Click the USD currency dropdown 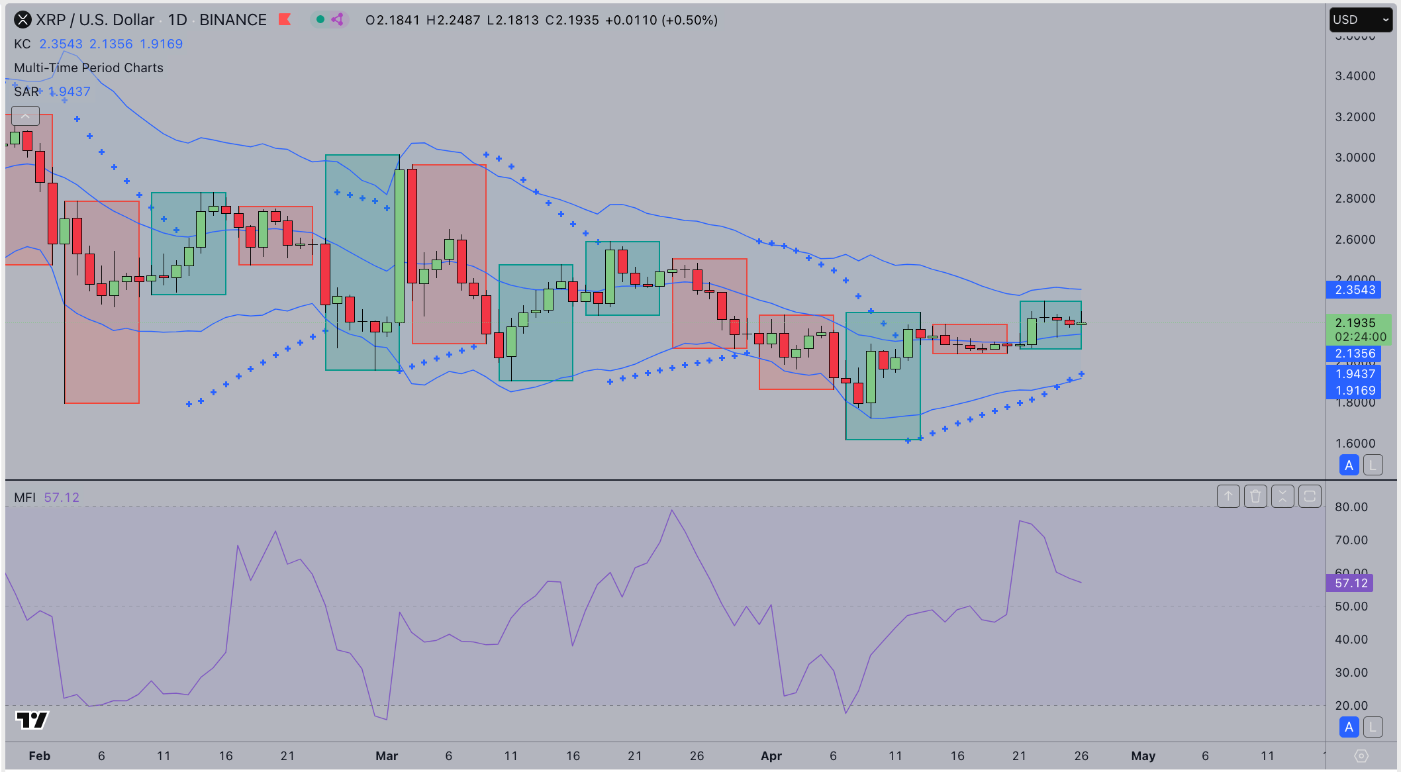coord(1360,20)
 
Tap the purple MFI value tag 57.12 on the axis coord(1350,583)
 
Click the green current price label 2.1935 coord(1355,323)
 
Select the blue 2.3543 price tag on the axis coord(1355,290)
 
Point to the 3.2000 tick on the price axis coord(1355,117)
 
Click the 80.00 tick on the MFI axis coord(1351,507)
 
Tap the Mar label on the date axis coord(387,756)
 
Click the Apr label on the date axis coord(771,756)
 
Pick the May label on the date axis coord(1143,756)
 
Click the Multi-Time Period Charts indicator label coord(89,68)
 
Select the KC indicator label coord(23,44)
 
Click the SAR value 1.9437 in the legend coord(70,92)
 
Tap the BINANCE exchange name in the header coord(233,20)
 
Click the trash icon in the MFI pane coord(1255,497)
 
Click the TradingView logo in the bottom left coord(32,720)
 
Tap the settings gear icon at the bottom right coord(1361,756)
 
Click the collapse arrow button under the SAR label coord(25,117)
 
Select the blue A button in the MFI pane coord(1349,727)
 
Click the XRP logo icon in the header coord(23,20)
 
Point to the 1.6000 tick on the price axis coord(1355,444)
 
